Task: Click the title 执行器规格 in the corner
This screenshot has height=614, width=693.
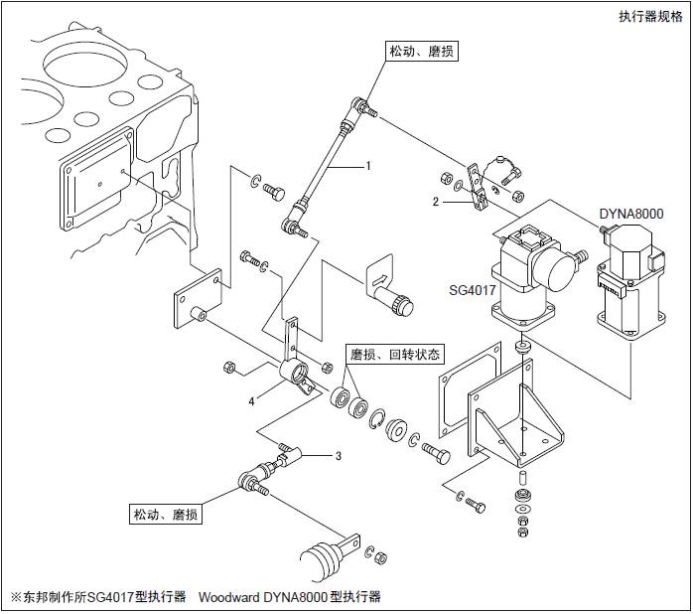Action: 649,15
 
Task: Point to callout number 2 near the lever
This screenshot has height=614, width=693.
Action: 435,202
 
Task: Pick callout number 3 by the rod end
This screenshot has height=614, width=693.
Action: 338,456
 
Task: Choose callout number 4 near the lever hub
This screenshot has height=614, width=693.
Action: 253,400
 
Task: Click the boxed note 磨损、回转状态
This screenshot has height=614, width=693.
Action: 394,354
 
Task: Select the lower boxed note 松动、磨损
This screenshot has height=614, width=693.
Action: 166,514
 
